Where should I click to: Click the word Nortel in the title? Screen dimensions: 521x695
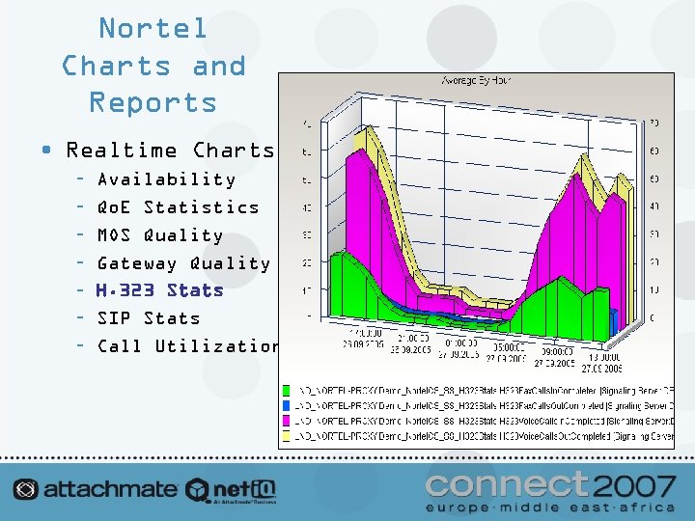pos(153,29)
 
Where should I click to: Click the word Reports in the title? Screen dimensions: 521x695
pos(153,102)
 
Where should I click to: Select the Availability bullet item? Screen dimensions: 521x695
pos(166,179)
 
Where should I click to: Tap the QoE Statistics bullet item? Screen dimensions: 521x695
pos(178,207)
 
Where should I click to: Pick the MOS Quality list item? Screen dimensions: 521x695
pos(159,235)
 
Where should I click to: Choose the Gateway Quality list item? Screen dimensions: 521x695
pos(183,263)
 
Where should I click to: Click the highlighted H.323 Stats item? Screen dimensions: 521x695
pos(159,290)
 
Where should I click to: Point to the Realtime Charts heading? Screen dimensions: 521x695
pos(170,151)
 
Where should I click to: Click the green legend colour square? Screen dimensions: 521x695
pos(286,391)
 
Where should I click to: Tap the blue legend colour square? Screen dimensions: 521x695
pos(286,406)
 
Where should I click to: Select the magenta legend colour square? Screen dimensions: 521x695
pos(286,422)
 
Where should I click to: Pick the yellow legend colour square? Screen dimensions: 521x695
pos(286,437)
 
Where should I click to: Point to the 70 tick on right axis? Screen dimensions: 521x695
pos(653,123)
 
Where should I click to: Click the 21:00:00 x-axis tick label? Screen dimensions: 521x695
pos(413,341)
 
